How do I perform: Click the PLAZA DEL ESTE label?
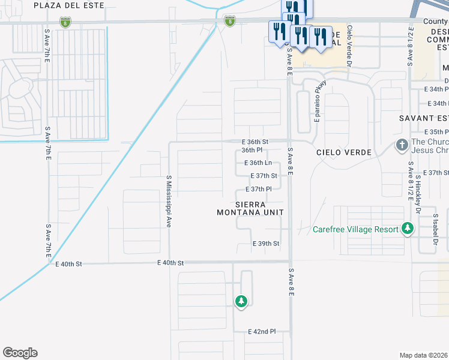68,5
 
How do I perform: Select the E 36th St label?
255,142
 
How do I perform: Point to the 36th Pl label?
252,150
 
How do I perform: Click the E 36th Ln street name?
258,163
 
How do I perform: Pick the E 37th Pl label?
259,189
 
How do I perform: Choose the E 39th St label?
266,244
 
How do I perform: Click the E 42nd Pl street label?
262,331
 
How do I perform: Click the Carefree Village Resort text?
356,229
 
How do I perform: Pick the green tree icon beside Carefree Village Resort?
408,229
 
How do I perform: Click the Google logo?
20,353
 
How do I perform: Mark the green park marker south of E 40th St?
241,301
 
